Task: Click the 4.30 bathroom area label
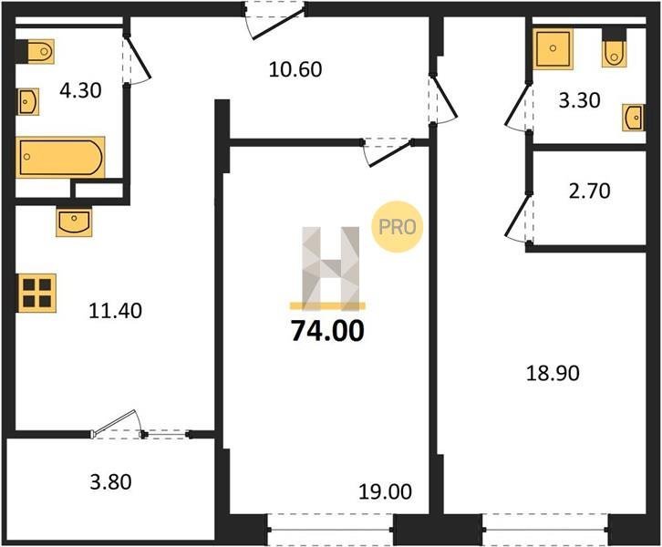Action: [80, 91]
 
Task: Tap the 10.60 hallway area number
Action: [295, 69]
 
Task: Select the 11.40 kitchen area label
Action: [115, 311]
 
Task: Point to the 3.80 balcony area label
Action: [110, 481]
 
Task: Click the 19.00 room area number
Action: [385, 491]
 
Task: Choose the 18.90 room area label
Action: [553, 374]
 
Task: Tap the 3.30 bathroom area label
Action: [579, 100]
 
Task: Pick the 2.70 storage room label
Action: [589, 191]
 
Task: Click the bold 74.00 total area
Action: [327, 330]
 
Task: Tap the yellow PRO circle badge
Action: [398, 227]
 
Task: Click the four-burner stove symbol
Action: [36, 293]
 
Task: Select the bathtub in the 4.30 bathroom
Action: [60, 157]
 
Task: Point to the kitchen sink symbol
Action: [74, 222]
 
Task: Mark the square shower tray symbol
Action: [553, 48]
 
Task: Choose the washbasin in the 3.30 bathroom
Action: [634, 118]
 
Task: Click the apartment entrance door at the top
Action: [274, 21]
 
